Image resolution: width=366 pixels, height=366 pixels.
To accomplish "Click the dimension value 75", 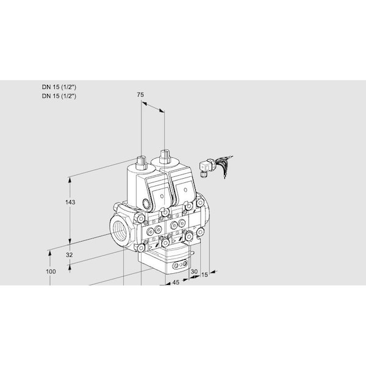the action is (140, 95).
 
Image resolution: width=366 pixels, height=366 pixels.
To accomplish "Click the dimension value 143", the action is (70, 202).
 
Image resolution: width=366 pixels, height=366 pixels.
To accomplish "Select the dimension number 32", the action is (69, 255).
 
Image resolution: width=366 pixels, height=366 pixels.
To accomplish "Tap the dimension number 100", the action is (51, 271).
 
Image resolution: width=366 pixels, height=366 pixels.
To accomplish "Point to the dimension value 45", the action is (176, 282).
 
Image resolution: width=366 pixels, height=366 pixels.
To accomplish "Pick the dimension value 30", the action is (194, 271).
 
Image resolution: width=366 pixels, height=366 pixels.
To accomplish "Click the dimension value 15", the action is (204, 274).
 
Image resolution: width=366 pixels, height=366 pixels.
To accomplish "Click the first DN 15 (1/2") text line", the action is (59, 87).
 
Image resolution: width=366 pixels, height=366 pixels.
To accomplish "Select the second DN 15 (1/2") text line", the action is (59, 96).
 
